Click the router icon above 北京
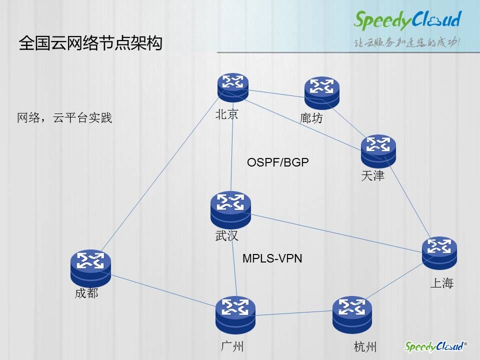click(233, 87)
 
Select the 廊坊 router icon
click(321, 93)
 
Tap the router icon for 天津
click(378, 151)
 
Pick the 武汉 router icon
click(230, 209)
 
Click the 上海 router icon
click(439, 253)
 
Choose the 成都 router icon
click(90, 268)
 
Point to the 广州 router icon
click(235, 314)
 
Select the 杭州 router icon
click(352, 314)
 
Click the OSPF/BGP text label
click(277, 162)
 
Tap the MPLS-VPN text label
click(272, 258)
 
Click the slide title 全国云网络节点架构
click(90, 43)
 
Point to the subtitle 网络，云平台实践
click(64, 117)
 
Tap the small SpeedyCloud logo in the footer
click(435, 346)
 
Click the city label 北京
click(226, 114)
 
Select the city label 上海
click(441, 283)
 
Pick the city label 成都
click(86, 293)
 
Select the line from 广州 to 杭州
click(294, 313)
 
